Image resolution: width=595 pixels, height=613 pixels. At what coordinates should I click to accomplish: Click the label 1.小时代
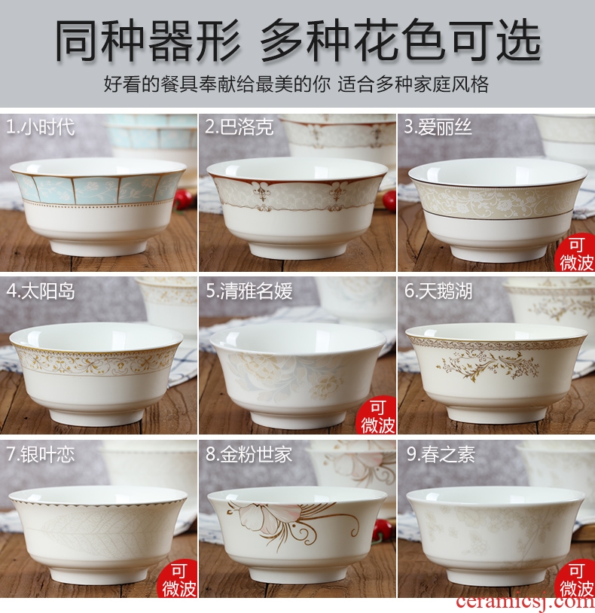click(40, 127)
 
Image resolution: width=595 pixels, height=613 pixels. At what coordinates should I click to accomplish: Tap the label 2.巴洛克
click(240, 127)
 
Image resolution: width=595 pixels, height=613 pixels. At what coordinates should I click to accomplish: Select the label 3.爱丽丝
click(438, 127)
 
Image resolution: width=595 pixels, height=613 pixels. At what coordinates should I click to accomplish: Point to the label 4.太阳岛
click(40, 291)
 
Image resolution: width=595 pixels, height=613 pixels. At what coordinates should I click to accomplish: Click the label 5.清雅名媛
click(249, 291)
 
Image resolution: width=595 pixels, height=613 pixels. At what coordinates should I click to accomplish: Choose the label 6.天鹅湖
click(438, 291)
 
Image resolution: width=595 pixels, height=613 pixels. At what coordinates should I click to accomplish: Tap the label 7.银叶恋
click(40, 454)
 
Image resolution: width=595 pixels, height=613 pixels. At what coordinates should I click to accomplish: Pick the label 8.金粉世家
click(249, 454)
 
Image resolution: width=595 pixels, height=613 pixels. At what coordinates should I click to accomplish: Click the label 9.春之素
click(441, 454)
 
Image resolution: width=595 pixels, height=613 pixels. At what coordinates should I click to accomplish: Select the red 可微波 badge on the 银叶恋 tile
click(178, 579)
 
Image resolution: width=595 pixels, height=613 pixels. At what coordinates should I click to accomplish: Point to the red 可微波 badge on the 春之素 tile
click(576, 579)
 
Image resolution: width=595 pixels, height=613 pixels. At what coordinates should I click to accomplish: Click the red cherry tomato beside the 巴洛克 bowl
click(389, 201)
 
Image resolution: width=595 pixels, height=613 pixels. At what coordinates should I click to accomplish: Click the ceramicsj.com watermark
click(525, 602)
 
